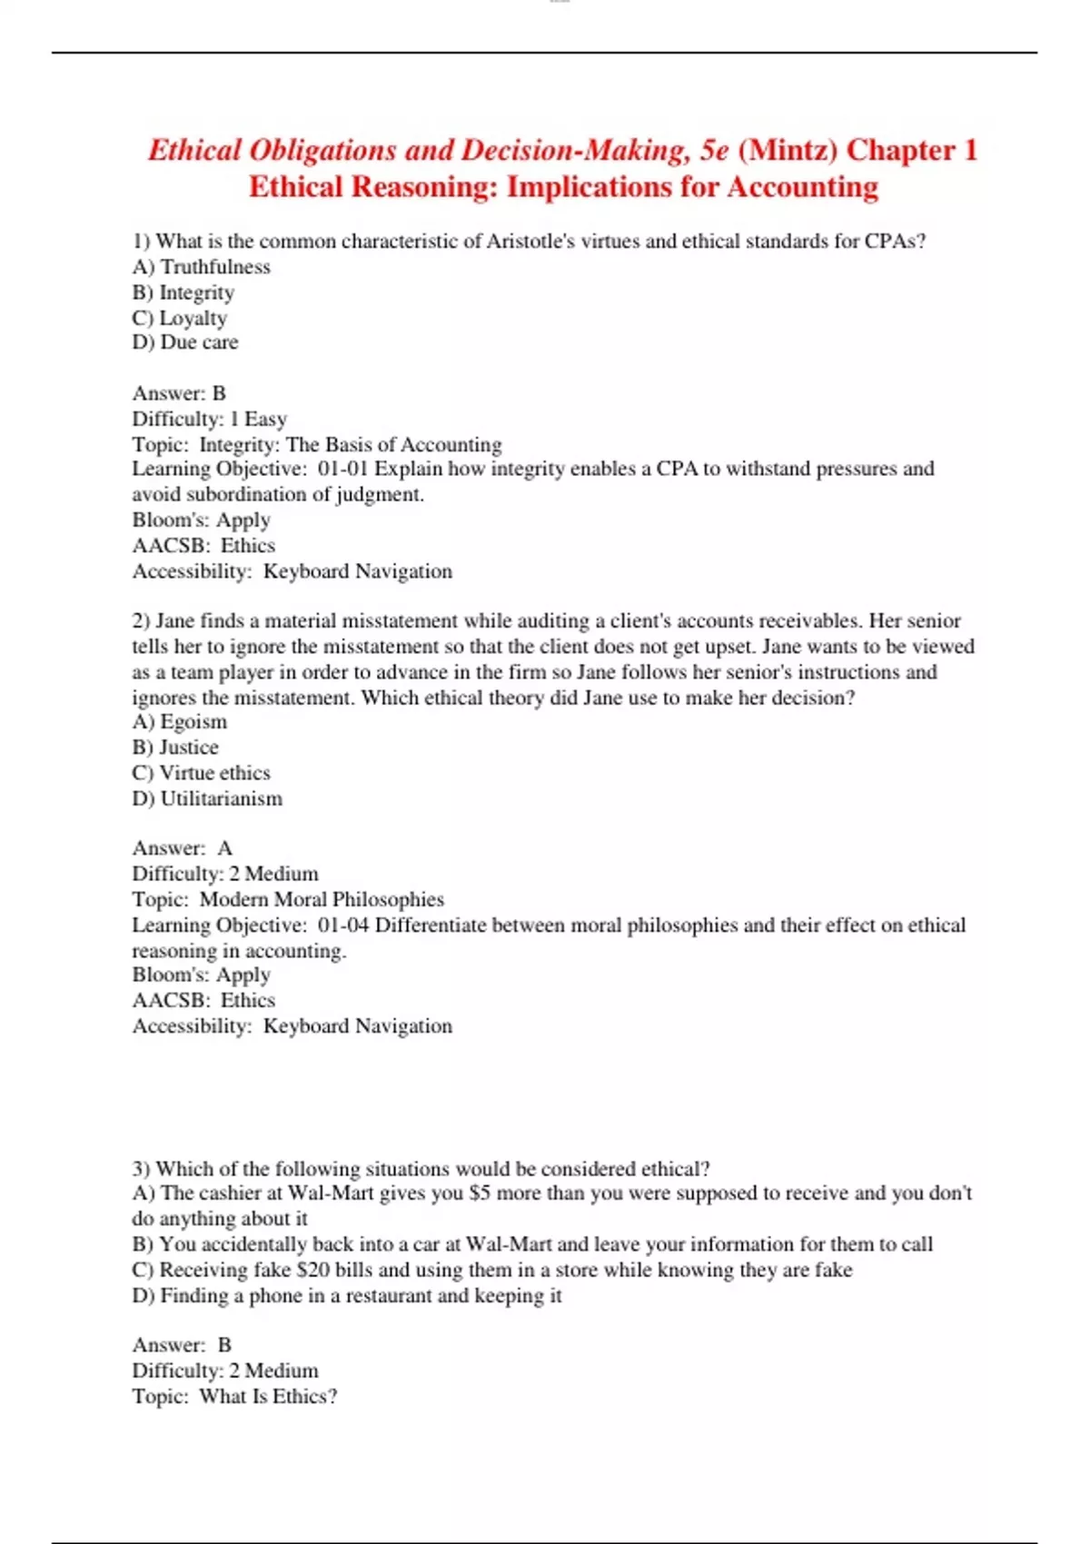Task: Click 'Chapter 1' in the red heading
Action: [911, 150]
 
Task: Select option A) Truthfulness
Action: [201, 267]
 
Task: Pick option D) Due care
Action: [185, 342]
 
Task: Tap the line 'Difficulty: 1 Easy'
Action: [209, 419]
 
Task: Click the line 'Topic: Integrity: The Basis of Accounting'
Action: [316, 444]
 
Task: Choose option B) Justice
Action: [175, 747]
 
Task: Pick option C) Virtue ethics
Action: [201, 773]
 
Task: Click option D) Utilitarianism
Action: [207, 798]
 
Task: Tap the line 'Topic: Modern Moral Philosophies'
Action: [288, 899]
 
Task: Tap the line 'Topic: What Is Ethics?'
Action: [234, 1396]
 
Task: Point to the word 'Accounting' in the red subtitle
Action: [802, 187]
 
